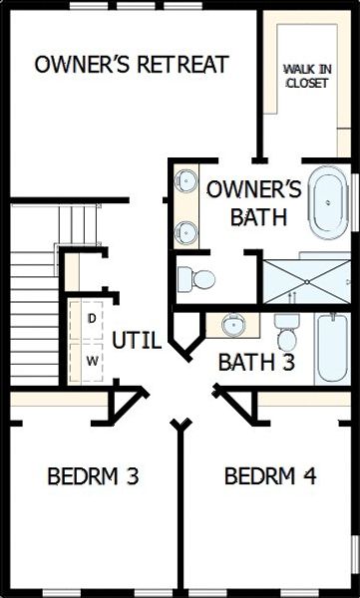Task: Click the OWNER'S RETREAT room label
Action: point(131,66)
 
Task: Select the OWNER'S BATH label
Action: point(252,202)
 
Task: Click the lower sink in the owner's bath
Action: point(185,233)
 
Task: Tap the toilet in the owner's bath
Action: point(197,279)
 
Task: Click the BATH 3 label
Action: point(255,361)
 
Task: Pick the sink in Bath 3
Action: point(232,324)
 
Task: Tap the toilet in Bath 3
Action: point(287,330)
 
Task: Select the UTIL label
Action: point(136,341)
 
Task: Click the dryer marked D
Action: point(92,319)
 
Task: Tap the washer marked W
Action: point(92,361)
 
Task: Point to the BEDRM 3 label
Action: point(93,476)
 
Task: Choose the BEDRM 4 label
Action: point(269,476)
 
